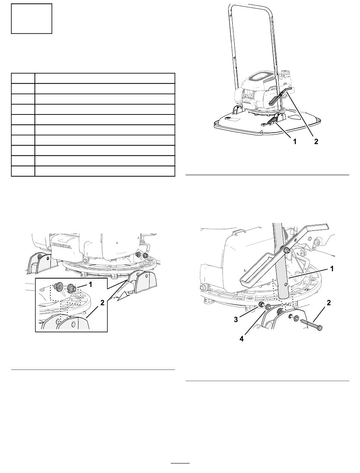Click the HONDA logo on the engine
tap(62, 246)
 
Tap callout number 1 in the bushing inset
tap(91, 285)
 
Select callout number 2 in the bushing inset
tap(102, 302)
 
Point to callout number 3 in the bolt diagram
tap(236, 320)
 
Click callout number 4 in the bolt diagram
tap(241, 339)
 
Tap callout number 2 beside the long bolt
tap(329, 303)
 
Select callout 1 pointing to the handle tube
tap(332, 269)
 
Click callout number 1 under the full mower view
tap(294, 141)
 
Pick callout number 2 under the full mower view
tap(316, 141)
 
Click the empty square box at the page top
tap(31, 19)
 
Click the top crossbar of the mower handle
tap(250, 5)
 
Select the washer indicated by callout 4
tap(268, 307)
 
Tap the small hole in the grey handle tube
tap(285, 285)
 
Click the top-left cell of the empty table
tap(23, 78)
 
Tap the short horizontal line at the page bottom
tap(180, 463)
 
